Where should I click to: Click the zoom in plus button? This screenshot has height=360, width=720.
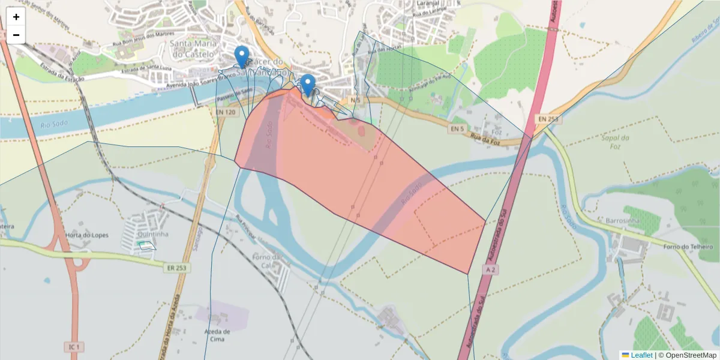coord(16,17)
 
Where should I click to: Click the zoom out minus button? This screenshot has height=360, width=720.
coord(16,35)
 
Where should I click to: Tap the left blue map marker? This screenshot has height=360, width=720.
coord(242,56)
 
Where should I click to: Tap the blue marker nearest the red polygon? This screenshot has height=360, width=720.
coord(308,85)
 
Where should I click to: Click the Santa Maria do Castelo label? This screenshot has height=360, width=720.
coord(193,49)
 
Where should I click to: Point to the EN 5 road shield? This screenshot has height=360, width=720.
coord(457,128)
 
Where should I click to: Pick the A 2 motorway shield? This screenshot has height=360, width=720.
coord(490,271)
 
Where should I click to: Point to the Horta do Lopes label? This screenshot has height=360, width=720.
coord(87,235)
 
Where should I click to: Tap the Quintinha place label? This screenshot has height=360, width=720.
coord(153,234)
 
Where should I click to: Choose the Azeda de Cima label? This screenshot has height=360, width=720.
coord(217,335)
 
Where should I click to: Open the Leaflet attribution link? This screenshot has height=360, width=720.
coord(641,355)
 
